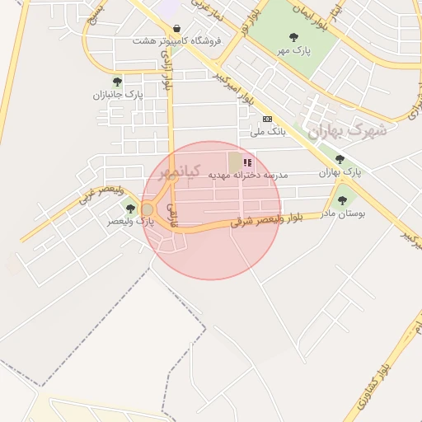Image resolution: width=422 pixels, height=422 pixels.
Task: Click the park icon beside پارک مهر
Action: click(x=294, y=37)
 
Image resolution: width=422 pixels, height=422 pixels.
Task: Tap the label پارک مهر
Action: click(x=295, y=50)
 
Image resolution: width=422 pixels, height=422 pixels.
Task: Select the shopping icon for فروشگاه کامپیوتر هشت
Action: click(x=177, y=28)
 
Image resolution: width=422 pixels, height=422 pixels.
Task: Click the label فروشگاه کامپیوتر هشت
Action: click(x=175, y=40)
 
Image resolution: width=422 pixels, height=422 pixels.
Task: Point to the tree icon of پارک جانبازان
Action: click(x=117, y=82)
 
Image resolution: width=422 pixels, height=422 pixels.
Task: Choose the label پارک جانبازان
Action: click(x=118, y=95)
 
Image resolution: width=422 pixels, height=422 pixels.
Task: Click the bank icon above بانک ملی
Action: click(x=267, y=119)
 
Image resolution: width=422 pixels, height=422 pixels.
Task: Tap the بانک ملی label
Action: click(x=267, y=131)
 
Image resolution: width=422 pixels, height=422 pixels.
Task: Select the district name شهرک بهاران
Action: click(x=347, y=130)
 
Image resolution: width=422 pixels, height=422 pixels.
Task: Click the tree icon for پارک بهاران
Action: click(x=340, y=159)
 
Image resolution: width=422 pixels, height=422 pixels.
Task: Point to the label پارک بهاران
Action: click(x=341, y=172)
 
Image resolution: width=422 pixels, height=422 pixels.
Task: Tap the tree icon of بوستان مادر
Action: click(x=342, y=200)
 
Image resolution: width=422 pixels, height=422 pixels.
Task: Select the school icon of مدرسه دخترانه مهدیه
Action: click(x=248, y=163)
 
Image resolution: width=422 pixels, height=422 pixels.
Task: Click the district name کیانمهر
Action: click(x=179, y=172)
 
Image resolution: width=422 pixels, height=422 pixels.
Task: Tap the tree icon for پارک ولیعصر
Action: click(x=130, y=209)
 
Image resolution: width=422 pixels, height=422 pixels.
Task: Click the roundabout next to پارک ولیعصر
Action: click(x=148, y=209)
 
